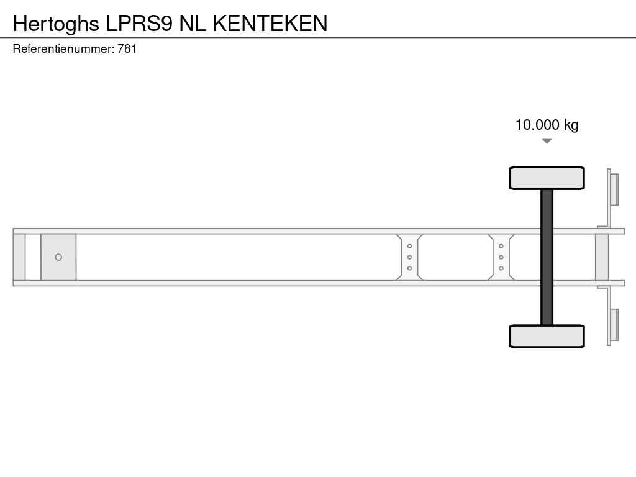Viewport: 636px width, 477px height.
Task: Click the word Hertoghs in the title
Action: [56, 24]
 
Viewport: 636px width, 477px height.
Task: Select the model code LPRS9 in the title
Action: [139, 23]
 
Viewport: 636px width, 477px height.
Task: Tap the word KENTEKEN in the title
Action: [270, 23]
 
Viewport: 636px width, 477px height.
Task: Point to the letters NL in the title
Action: [193, 23]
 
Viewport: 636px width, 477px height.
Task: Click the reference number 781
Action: [127, 49]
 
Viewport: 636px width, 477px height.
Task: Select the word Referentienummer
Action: [63, 49]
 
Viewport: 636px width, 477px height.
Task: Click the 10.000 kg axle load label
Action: [547, 125]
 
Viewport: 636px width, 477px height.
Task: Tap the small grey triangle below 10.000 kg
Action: [547, 141]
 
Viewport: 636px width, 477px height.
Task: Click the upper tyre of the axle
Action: [547, 178]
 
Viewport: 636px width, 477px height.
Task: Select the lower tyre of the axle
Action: [547, 336]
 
